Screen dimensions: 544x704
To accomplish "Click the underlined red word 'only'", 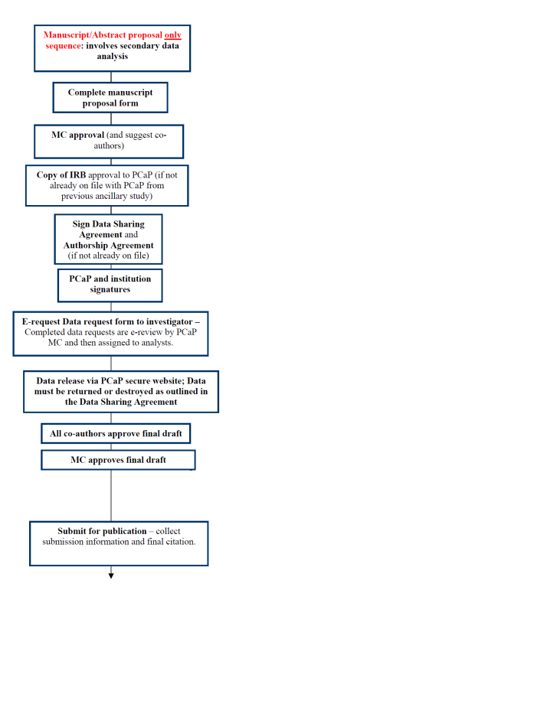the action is pos(172,35).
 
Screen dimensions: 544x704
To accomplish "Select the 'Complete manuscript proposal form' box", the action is pos(110,97).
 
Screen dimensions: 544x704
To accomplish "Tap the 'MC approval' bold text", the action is pos(78,135).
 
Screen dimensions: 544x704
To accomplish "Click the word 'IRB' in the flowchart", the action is pos(77,174).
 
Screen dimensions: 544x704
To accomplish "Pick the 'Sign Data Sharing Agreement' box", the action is pos(108,239).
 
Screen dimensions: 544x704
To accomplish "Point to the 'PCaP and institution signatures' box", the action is pos(110,285).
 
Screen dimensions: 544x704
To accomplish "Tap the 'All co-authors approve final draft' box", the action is pos(116,433).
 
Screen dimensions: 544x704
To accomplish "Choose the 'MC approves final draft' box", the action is pos(118,460).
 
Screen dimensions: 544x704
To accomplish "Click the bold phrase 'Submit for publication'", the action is pos(102,531).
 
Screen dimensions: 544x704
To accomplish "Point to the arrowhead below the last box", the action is pos(111,575).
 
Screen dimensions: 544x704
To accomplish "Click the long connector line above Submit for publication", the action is pos(111,496).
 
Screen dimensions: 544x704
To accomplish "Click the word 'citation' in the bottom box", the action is pos(180,542).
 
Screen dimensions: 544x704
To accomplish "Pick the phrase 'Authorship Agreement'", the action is pos(108,245).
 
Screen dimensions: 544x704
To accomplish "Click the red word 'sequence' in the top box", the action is pos(64,46).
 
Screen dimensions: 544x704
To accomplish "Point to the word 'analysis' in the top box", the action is pos(113,56).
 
